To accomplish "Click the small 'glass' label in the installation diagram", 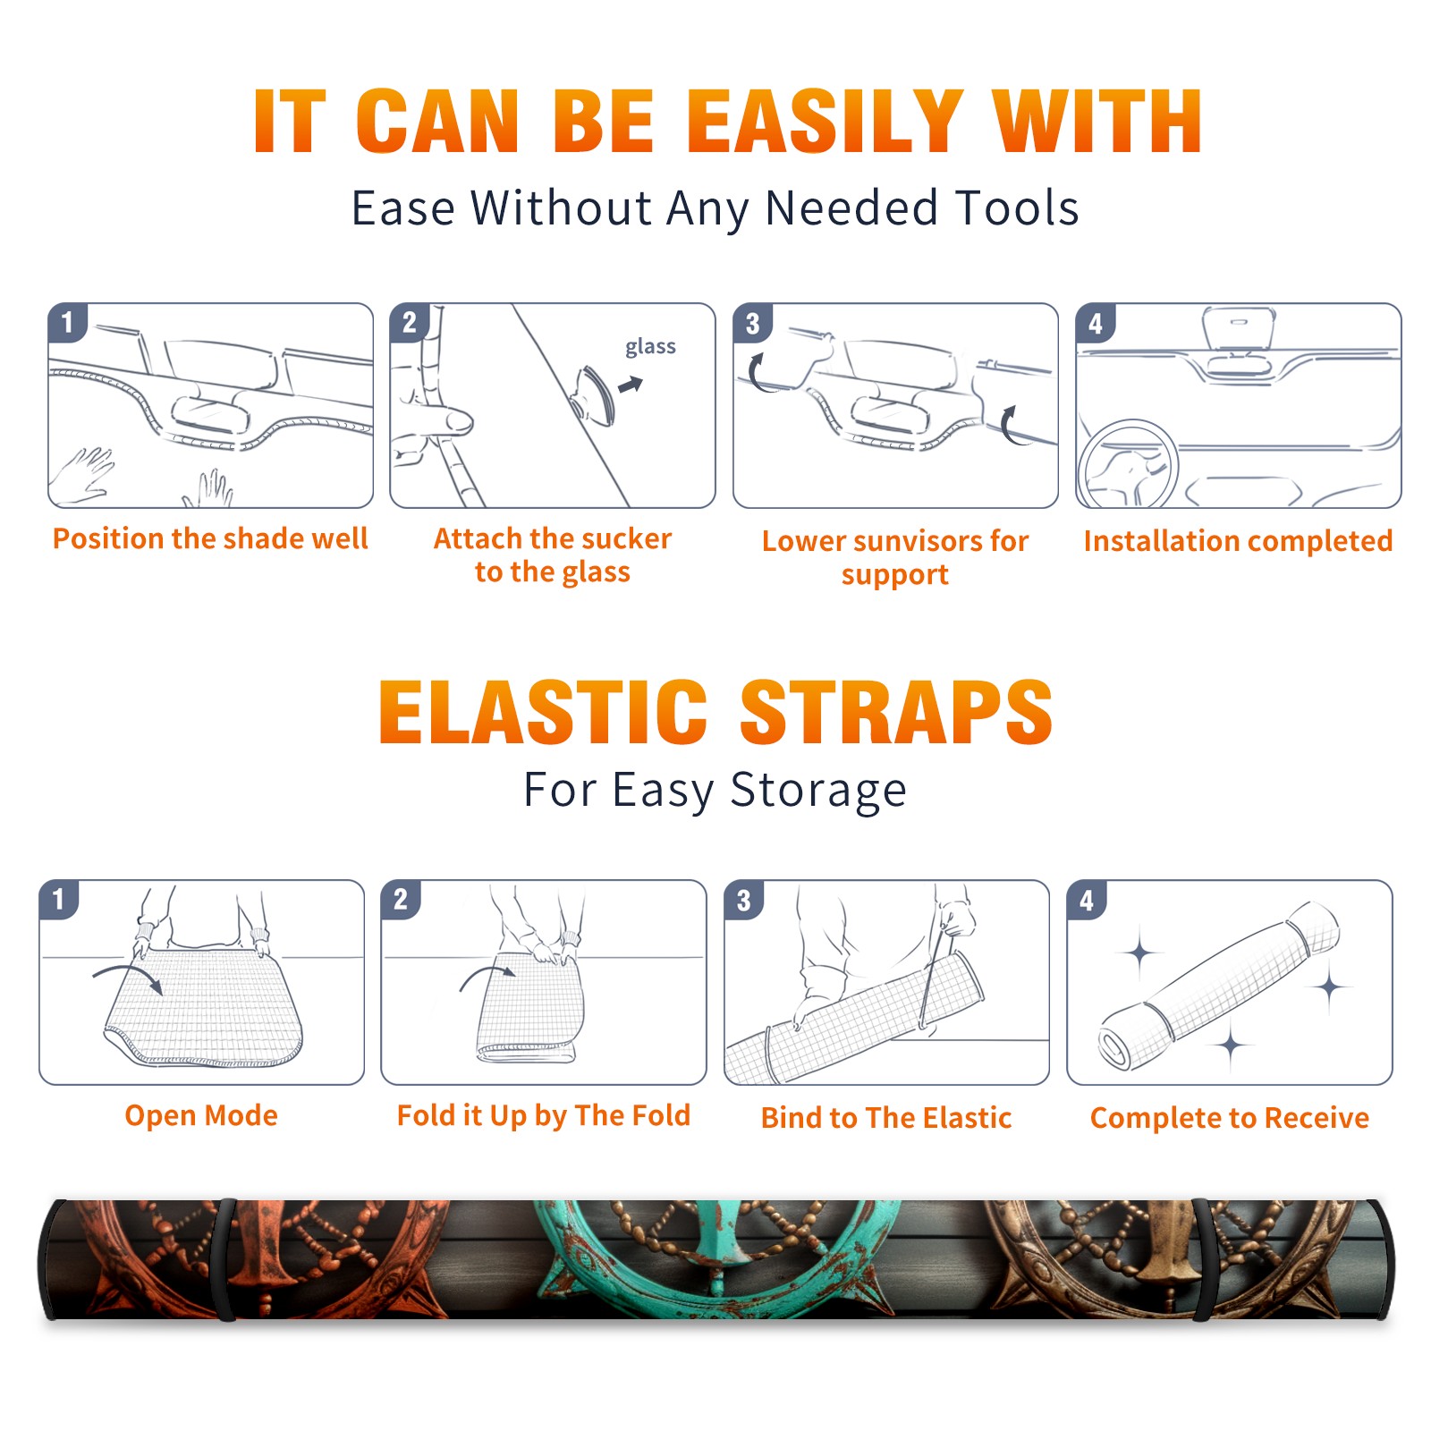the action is click(650, 346).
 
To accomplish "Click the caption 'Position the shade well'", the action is click(210, 538).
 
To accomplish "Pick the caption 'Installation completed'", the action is click(1238, 541).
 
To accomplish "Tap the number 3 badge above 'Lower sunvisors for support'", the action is click(752, 323).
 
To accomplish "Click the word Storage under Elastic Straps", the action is click(818, 791).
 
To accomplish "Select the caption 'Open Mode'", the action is click(201, 1115).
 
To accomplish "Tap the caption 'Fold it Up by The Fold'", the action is click(544, 1115).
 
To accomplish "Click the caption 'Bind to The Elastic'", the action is click(886, 1118).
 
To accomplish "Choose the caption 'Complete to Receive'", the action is click(1230, 1118).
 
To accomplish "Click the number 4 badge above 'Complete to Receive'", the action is click(1087, 900).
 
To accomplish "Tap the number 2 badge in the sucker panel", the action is click(409, 323).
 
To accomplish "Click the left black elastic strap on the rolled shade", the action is click(225, 1259).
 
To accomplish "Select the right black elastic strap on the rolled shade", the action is click(1202, 1259).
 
